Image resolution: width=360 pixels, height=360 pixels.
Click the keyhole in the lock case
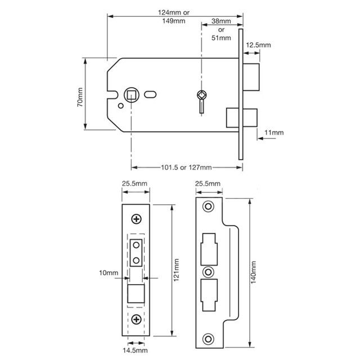202,97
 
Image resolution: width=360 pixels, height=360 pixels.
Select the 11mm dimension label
274,132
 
